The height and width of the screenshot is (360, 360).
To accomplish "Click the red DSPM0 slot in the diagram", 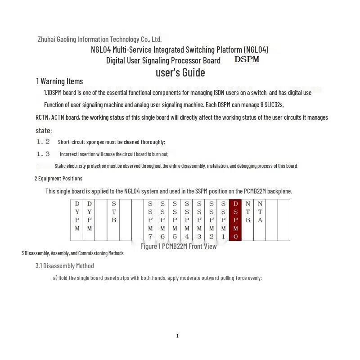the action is (x=235, y=220).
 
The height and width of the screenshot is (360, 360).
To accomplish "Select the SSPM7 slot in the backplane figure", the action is (x=150, y=220).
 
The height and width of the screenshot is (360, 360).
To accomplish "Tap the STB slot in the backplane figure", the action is (x=113, y=220).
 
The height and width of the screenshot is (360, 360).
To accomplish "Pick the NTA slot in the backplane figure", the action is (x=260, y=220).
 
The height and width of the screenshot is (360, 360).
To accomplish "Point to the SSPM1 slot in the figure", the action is (x=223, y=220).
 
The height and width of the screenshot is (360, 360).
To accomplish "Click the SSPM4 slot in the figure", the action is (x=187, y=220).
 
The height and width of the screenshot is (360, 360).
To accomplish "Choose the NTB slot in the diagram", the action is (x=247, y=220).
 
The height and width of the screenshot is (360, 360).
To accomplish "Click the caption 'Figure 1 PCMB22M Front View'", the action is (x=178, y=246).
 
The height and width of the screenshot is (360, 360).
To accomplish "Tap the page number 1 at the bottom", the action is (x=177, y=336).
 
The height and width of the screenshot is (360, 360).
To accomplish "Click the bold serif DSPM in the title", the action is (x=247, y=59).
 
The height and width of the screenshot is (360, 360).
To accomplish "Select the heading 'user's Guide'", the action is (x=180, y=72).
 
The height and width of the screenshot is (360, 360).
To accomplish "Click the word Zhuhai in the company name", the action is (x=46, y=39).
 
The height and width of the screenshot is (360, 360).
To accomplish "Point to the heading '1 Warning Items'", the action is (x=59, y=81).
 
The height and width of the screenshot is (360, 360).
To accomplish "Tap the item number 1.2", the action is (x=43, y=141).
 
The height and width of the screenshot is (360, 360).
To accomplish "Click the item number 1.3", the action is (x=43, y=154).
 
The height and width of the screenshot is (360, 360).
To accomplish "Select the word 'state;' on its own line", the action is (x=44, y=130).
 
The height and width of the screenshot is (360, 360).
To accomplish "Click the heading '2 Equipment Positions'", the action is (x=58, y=178).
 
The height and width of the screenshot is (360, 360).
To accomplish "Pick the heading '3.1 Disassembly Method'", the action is (x=65, y=266).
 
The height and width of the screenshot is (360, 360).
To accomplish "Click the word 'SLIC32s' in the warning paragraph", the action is (x=274, y=105).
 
